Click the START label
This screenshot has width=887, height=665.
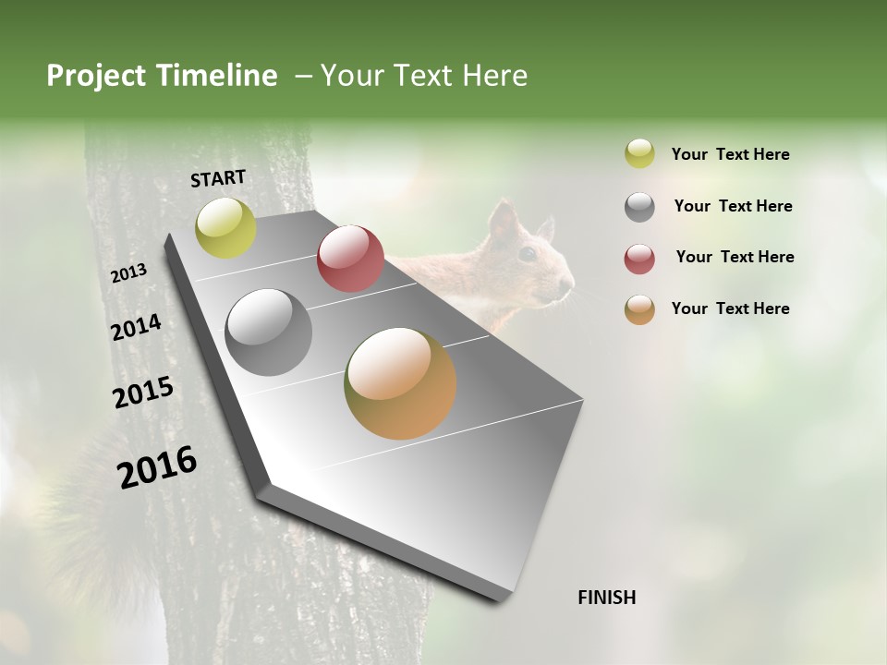(218, 178)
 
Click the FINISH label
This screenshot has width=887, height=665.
(607, 598)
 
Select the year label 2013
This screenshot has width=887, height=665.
(128, 272)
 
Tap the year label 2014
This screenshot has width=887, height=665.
(136, 327)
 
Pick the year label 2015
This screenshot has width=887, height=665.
(143, 393)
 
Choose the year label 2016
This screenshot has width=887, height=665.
(157, 466)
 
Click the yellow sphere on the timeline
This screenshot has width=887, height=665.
(225, 228)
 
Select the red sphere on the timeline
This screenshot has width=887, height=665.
(350, 259)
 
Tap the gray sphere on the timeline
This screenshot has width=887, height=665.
(269, 332)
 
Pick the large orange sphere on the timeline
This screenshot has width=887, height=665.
(400, 383)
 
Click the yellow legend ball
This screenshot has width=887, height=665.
(639, 154)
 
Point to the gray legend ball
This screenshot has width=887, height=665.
(639, 207)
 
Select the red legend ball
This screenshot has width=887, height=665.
(639, 259)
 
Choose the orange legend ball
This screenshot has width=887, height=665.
(639, 309)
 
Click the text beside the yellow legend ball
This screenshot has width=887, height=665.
(730, 154)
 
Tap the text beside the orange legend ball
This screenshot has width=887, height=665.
(730, 308)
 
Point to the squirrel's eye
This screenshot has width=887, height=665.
(527, 253)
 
